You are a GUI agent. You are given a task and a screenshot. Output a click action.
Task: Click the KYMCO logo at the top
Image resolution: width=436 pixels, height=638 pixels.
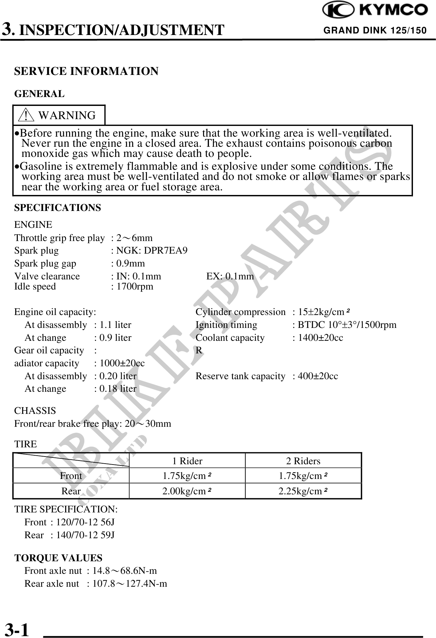point(375,10)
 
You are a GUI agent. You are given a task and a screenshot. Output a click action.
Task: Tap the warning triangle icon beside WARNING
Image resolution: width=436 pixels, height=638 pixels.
point(26,115)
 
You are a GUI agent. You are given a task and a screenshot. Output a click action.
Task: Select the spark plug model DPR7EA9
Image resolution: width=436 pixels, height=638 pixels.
point(166,251)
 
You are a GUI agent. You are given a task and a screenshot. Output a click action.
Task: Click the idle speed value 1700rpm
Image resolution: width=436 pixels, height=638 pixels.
point(134,286)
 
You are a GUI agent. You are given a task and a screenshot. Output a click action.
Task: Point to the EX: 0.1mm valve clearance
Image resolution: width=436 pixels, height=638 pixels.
point(230,276)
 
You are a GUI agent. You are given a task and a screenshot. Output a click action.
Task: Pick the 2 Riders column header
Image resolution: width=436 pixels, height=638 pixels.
point(303,461)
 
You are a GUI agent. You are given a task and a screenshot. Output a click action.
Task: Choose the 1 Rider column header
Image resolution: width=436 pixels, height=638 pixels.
point(187,461)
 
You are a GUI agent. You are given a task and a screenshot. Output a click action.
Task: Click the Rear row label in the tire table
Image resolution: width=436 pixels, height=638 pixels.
point(71,491)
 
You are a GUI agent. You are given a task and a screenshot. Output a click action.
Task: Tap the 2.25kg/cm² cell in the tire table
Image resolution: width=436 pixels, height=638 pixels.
point(303,491)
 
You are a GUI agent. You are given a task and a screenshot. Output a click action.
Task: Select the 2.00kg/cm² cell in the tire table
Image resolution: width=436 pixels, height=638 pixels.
point(187,491)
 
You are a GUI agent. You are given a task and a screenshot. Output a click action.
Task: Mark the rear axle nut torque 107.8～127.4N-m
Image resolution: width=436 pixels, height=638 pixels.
point(130,583)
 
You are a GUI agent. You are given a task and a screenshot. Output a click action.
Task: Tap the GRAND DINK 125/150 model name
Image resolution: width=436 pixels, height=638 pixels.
point(375,30)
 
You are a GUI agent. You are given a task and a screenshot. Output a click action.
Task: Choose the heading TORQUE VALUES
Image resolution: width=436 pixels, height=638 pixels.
point(58,558)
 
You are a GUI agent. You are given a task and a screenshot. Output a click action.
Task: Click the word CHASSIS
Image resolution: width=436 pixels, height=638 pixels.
point(35,411)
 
